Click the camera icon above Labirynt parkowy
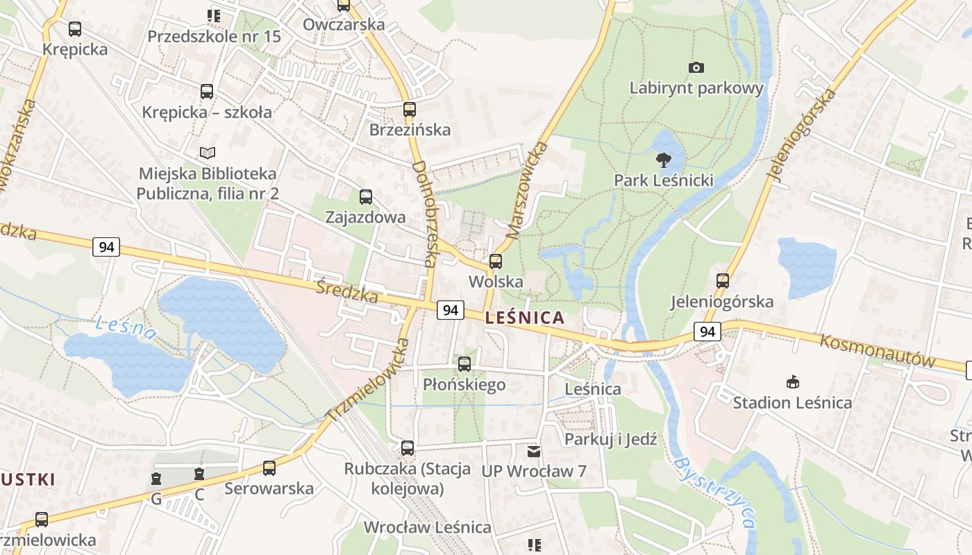(x=696, y=67)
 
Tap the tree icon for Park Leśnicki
(x=664, y=160)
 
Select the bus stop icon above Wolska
(x=495, y=262)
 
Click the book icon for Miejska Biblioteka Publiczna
(x=207, y=153)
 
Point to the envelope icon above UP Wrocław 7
(x=533, y=452)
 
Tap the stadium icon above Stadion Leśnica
(x=792, y=382)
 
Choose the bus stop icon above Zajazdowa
(x=365, y=197)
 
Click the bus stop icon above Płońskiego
(x=464, y=364)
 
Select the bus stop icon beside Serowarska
(x=269, y=468)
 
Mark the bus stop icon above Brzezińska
(x=409, y=110)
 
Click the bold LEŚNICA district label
(x=525, y=318)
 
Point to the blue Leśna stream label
(x=126, y=327)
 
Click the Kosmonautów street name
(x=878, y=350)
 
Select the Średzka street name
(x=346, y=292)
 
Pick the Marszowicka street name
(x=527, y=191)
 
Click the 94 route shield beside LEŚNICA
(x=450, y=310)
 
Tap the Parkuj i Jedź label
(x=610, y=439)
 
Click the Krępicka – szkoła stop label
(x=207, y=112)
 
